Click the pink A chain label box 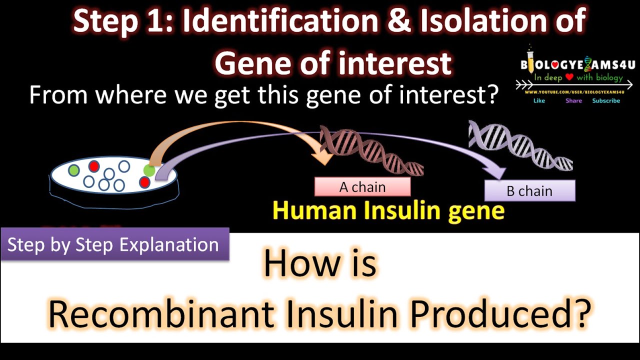pyautogui.click(x=362, y=187)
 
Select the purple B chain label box pyautogui.click(x=529, y=191)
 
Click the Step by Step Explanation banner pyautogui.click(x=114, y=245)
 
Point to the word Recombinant pyautogui.click(x=161, y=313)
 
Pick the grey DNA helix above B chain pyautogui.click(x=520, y=145)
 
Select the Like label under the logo pyautogui.click(x=539, y=101)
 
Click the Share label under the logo pyautogui.click(x=573, y=101)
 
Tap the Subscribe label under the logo pyautogui.click(x=606, y=101)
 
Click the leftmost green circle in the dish pyautogui.click(x=74, y=170)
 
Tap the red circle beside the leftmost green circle pyautogui.click(x=93, y=166)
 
